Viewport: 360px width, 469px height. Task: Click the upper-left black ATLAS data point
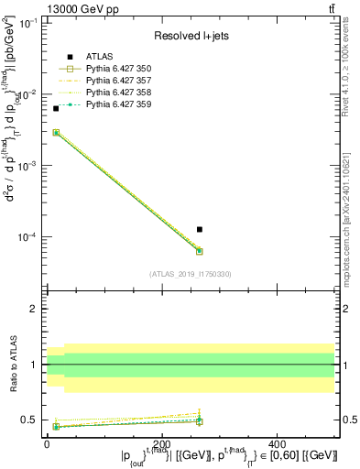point(56,108)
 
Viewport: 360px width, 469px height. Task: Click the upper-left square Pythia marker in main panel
point(56,133)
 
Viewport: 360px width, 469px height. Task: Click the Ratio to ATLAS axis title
point(13,364)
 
